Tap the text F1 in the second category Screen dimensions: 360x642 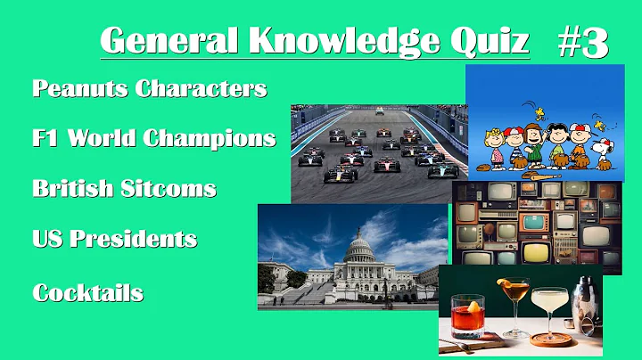pos(46,138)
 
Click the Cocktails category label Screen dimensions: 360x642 pos(87,292)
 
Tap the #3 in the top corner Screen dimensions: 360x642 pos(583,42)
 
